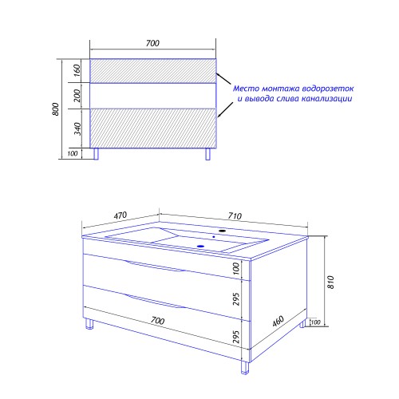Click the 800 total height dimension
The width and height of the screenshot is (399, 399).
(x=56, y=109)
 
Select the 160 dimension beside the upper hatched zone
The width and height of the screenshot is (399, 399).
(x=77, y=70)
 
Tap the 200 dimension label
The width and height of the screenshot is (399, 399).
(x=77, y=96)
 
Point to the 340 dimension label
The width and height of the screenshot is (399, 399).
(x=77, y=128)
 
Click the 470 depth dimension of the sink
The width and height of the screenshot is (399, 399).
(x=120, y=215)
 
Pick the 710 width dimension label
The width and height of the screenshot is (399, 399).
(x=235, y=215)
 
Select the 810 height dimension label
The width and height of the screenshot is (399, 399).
(x=330, y=282)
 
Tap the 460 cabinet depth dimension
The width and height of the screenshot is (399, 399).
(x=279, y=321)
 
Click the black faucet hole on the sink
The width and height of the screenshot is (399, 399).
(x=222, y=231)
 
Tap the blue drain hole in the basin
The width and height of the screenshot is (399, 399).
(x=201, y=246)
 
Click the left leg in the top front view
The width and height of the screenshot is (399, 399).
(x=97, y=154)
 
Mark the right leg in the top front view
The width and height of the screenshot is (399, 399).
(x=208, y=154)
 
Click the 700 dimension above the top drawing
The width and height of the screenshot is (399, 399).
(x=152, y=43)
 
